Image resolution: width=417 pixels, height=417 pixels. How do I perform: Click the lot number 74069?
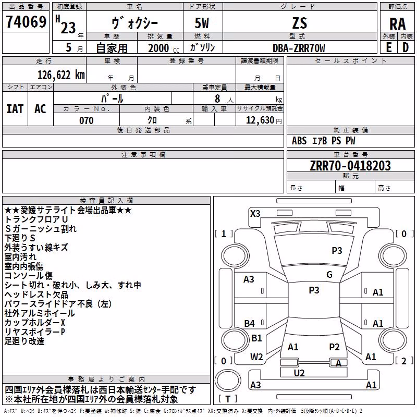point(26,21)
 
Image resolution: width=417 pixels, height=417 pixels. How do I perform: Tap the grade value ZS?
point(300,23)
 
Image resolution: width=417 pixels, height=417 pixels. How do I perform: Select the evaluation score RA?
point(397,24)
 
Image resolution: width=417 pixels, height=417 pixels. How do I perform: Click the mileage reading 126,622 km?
point(61,75)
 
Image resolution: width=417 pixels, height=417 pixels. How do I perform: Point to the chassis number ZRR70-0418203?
point(350,166)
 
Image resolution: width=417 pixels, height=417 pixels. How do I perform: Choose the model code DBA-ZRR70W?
point(299,48)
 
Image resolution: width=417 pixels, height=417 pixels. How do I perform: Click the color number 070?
point(87,120)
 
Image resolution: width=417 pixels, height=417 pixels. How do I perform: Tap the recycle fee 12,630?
point(260,120)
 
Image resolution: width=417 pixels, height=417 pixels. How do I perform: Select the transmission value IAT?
point(15,109)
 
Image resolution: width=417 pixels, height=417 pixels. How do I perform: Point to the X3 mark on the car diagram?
point(255,214)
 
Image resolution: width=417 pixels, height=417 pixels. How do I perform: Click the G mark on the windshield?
point(329,275)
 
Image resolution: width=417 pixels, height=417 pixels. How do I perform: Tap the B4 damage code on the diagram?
point(249,323)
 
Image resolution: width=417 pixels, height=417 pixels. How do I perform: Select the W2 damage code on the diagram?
point(256,357)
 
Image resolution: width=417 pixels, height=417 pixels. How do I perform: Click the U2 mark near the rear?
point(299,373)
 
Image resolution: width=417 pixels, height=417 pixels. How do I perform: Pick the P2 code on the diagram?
point(334,347)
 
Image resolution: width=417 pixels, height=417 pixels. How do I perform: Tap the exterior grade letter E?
point(388,48)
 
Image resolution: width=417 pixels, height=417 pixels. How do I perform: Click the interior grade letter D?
point(406,48)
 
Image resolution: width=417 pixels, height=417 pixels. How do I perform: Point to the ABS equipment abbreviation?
point(299,141)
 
